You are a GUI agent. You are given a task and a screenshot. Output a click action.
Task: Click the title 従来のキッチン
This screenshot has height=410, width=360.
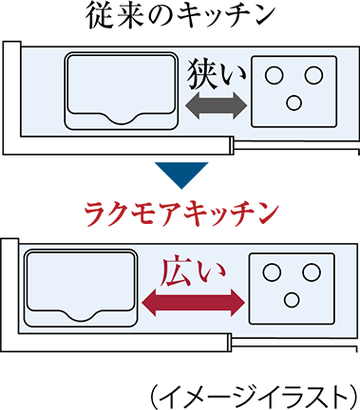[x=180, y=16]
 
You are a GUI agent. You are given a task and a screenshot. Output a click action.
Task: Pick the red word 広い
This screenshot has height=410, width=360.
[x=192, y=271]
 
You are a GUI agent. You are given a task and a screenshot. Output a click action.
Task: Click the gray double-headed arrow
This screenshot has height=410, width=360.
[x=215, y=104]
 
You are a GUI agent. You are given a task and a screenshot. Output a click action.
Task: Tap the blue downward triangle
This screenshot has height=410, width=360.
[x=180, y=177]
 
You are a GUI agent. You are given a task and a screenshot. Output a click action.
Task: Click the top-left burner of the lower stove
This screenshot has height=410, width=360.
[x=272, y=273]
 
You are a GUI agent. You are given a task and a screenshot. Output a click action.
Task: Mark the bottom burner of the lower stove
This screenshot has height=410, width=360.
[x=291, y=300]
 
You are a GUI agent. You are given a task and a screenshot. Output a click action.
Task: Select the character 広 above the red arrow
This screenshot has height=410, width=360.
[x=178, y=271]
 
